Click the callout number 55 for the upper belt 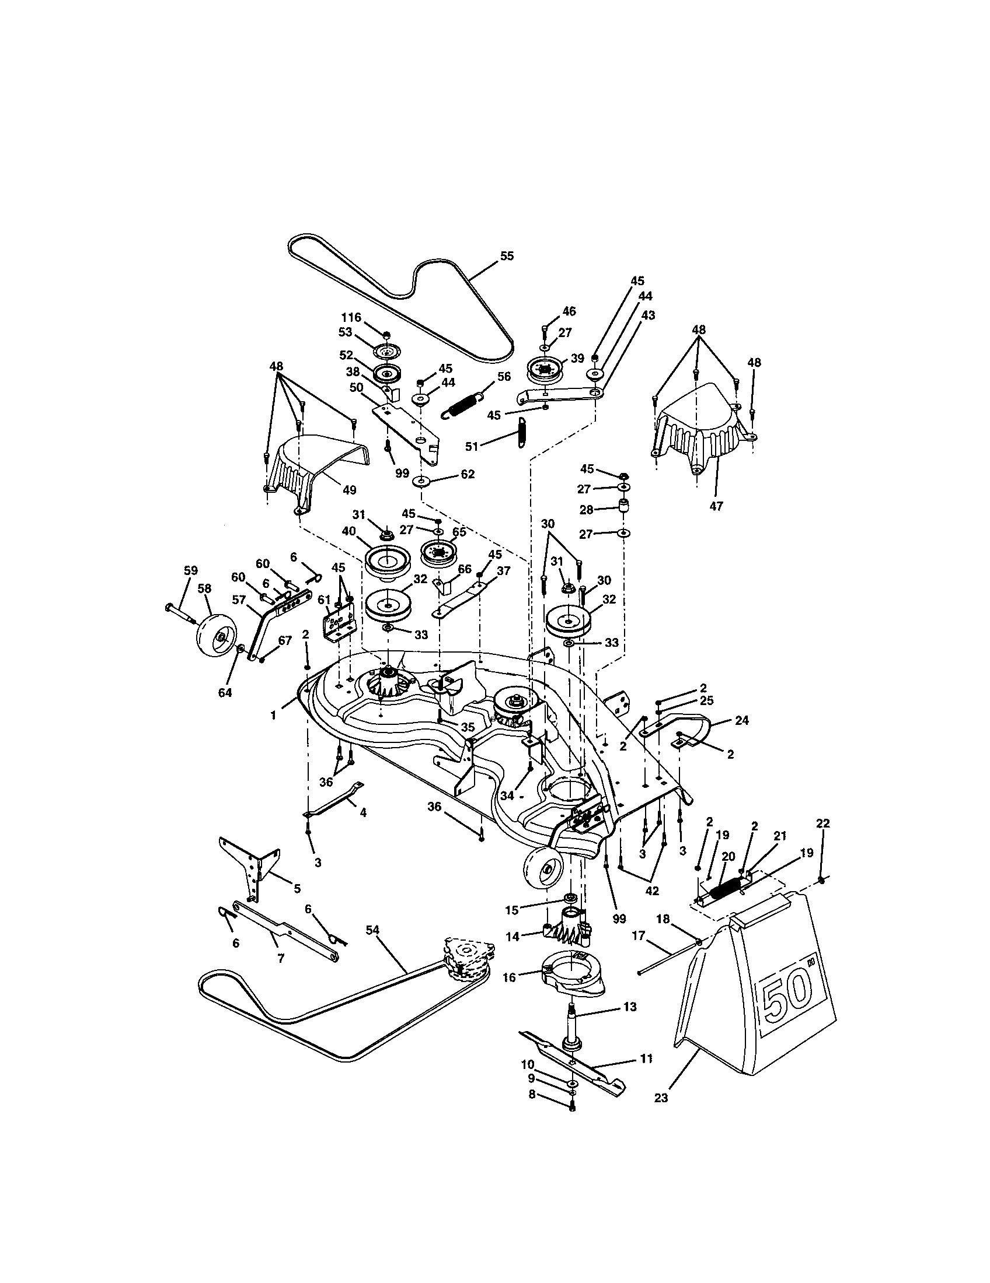506,256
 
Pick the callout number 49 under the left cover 349,489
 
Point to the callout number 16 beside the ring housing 509,977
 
